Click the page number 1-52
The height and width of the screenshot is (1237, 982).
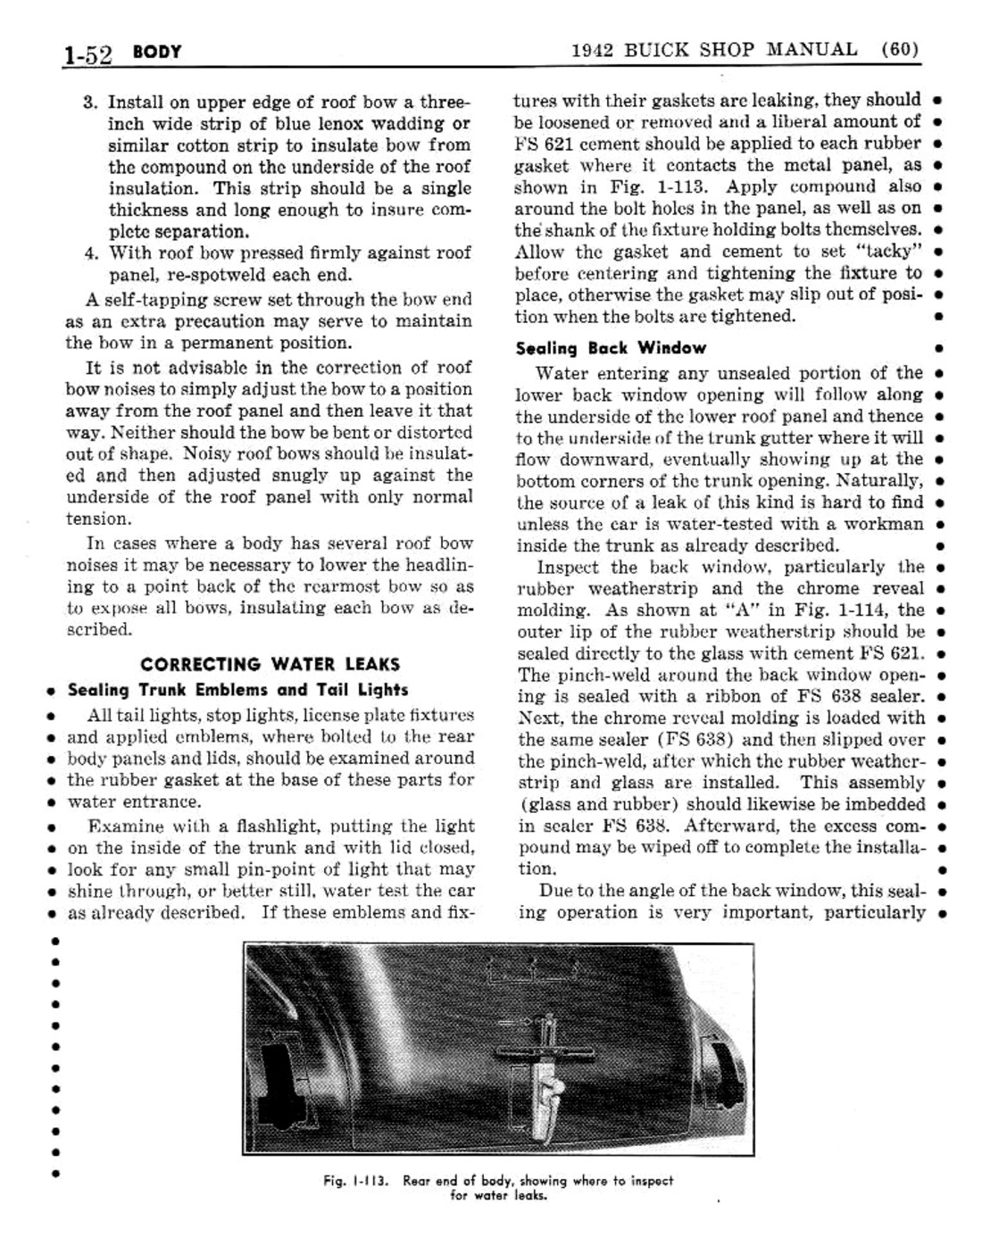(x=87, y=54)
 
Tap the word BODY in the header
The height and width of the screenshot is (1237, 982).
(x=157, y=52)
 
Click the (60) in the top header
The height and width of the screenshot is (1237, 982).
(x=899, y=49)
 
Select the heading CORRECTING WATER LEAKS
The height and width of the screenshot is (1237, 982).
(x=270, y=664)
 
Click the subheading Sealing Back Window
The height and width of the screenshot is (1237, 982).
(x=611, y=348)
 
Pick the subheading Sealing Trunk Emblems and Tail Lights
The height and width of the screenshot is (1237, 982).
(x=238, y=690)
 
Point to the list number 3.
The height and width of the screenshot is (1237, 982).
(x=90, y=102)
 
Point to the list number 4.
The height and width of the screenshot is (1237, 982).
(x=90, y=253)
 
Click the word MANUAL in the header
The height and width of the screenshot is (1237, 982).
(x=812, y=49)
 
